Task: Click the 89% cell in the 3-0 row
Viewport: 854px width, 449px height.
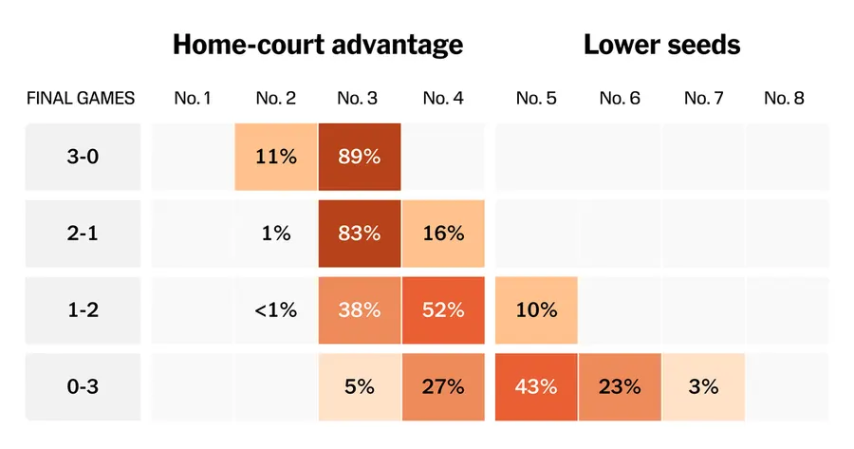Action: click(360, 157)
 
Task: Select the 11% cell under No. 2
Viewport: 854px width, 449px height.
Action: click(276, 157)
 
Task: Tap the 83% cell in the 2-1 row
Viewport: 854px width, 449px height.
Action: click(360, 234)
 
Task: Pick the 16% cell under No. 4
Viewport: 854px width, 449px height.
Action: click(443, 234)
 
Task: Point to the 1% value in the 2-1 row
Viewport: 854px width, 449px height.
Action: click(276, 234)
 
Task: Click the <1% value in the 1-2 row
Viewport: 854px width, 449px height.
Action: click(276, 310)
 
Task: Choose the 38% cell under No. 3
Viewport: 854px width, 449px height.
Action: click(360, 310)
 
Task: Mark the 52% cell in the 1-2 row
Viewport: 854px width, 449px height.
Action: click(443, 310)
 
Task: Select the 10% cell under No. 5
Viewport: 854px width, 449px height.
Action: click(536, 310)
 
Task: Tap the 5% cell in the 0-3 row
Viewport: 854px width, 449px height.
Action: click(360, 387)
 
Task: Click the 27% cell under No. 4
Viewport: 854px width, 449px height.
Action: click(443, 387)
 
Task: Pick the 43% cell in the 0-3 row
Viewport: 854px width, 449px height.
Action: click(536, 387)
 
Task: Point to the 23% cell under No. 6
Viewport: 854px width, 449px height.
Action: click(620, 387)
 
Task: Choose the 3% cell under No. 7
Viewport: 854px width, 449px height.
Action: click(704, 387)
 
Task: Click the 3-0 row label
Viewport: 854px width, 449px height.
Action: click(83, 157)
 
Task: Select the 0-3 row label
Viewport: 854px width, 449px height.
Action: click(83, 387)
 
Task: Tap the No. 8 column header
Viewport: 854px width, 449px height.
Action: click(784, 98)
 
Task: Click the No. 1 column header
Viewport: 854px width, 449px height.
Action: click(193, 98)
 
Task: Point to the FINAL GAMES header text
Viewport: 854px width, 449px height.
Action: click(81, 98)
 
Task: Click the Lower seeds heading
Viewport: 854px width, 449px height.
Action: click(661, 45)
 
